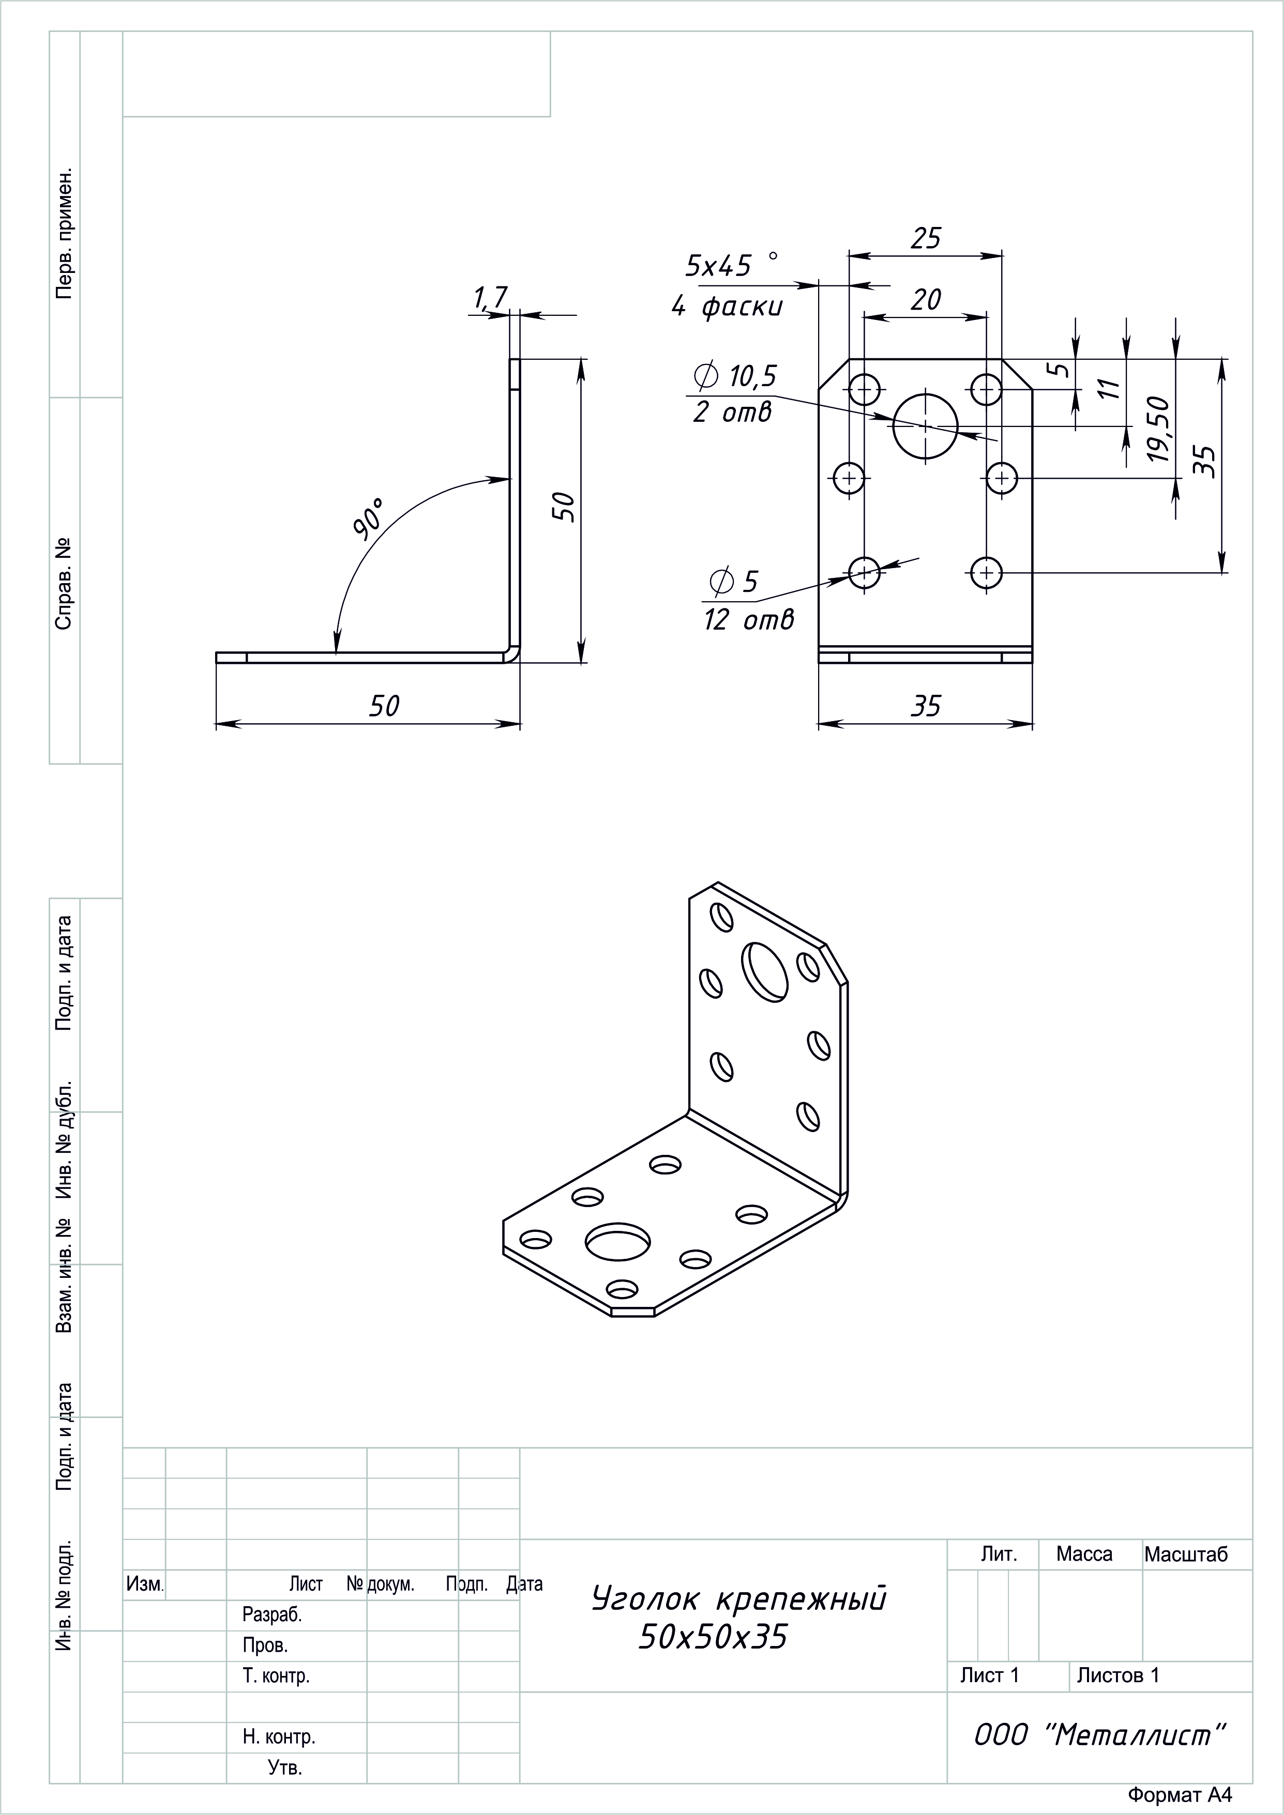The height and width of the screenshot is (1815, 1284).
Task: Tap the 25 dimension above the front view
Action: coord(926,238)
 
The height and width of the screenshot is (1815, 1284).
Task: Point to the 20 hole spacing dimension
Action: coord(926,300)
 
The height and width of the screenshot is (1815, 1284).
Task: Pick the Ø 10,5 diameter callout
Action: coord(734,376)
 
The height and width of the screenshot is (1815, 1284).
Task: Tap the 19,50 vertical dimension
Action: coord(1157,429)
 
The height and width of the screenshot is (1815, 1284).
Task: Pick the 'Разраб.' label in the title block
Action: coord(272,1615)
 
